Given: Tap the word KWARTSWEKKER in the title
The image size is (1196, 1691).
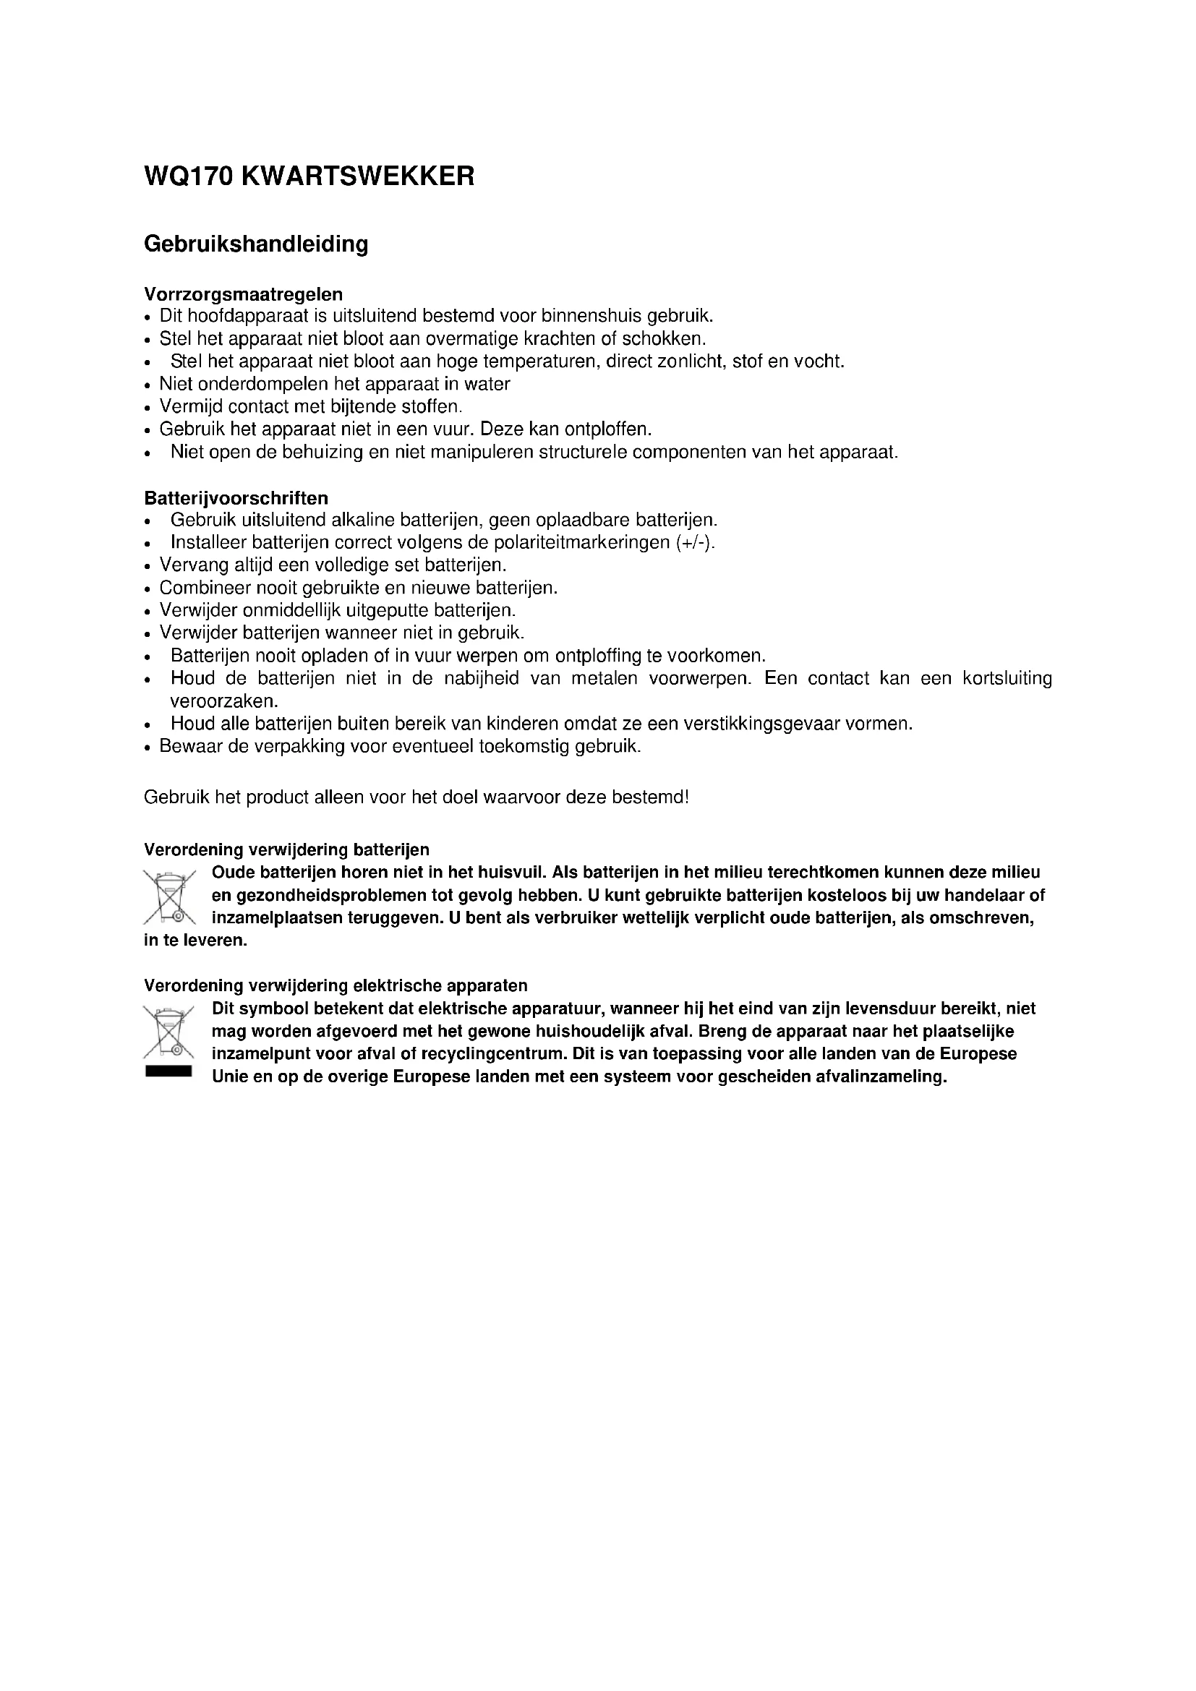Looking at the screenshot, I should point(358,176).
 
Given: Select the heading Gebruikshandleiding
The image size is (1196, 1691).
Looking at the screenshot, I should point(255,244).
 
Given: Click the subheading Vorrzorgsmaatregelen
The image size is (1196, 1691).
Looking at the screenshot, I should point(243,294).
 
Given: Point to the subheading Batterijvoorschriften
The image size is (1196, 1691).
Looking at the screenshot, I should point(236,498).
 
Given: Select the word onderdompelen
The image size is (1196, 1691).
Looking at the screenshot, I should point(263,385).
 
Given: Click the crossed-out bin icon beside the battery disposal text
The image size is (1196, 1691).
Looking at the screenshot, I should point(169,896).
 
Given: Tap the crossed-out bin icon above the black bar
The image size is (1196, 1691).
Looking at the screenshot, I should point(168,1032).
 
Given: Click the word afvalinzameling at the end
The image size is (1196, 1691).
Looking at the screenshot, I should point(880,1076).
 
